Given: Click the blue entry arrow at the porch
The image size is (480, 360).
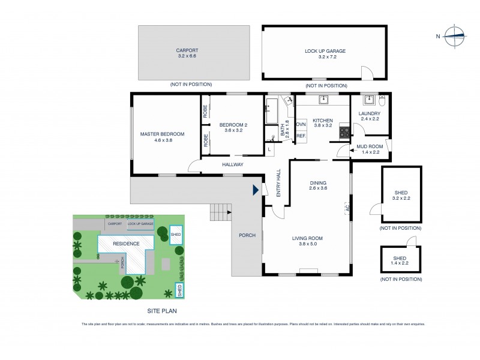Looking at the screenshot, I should [x=256, y=190].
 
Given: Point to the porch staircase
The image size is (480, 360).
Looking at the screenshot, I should [x=220, y=211].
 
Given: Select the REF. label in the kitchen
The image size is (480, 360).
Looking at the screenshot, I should [x=301, y=136].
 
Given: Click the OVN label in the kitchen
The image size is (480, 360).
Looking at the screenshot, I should [x=301, y=124].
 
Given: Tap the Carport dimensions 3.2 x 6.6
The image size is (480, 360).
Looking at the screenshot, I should [x=187, y=56].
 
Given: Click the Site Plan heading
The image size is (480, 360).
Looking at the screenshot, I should [x=162, y=311].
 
